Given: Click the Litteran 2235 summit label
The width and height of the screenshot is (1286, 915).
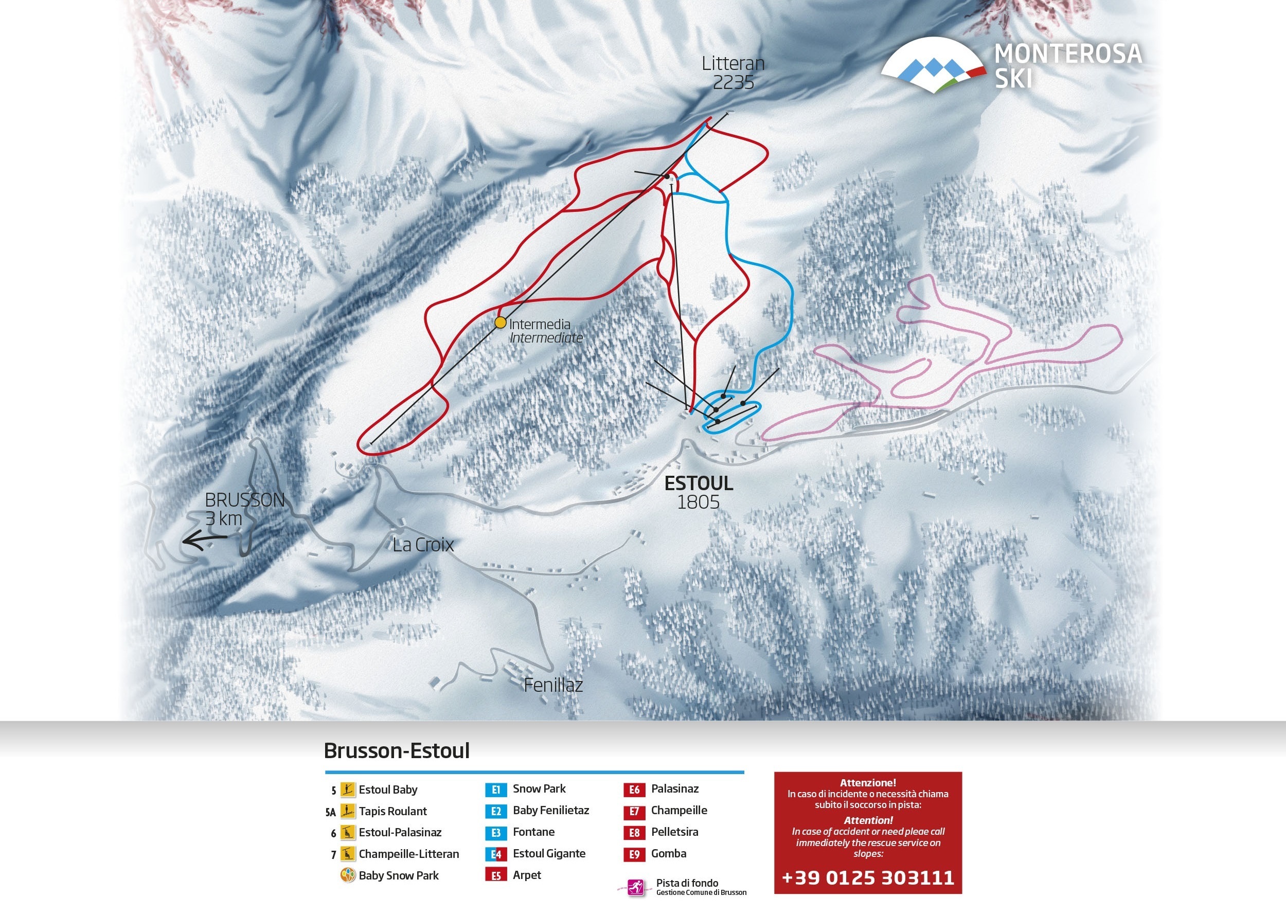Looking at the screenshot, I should pyautogui.click(x=733, y=73).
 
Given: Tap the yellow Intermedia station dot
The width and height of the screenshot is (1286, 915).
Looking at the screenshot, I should pyautogui.click(x=501, y=322).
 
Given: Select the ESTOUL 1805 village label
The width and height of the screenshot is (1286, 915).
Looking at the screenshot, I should pyautogui.click(x=699, y=492).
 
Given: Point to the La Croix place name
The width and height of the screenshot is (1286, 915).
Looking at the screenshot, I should pyautogui.click(x=423, y=545).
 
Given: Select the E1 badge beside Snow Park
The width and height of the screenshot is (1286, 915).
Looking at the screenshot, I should pyautogui.click(x=496, y=790).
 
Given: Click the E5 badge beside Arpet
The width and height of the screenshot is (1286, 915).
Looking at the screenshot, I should pyautogui.click(x=496, y=875).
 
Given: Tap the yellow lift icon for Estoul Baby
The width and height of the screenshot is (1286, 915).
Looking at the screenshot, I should pyautogui.click(x=348, y=790).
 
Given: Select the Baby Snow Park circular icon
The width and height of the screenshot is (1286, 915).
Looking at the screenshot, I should pyautogui.click(x=348, y=875).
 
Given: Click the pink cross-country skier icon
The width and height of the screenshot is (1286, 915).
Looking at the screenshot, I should pyautogui.click(x=637, y=888).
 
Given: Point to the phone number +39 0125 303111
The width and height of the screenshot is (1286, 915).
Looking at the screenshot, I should pyautogui.click(x=868, y=878).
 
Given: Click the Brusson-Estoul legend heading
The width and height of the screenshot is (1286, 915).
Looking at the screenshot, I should pyautogui.click(x=397, y=751).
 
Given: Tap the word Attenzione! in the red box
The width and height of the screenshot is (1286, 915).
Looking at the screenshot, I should pyautogui.click(x=868, y=783).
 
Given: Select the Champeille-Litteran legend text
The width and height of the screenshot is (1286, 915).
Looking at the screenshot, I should pyautogui.click(x=408, y=854).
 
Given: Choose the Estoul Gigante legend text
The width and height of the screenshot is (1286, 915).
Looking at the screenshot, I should pyautogui.click(x=549, y=854).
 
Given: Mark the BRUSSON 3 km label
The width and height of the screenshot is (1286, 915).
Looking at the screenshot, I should pyautogui.click(x=243, y=509).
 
